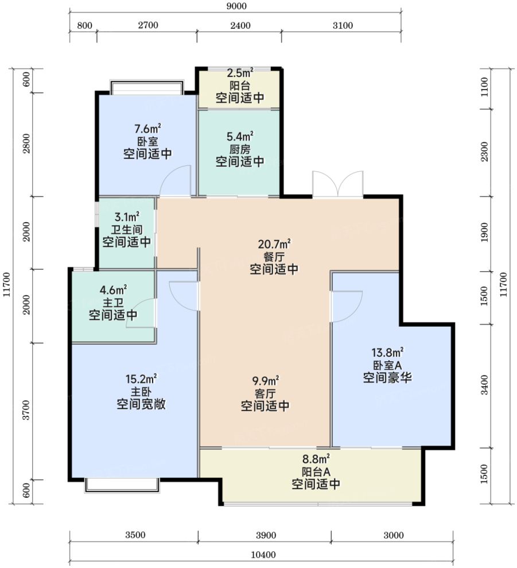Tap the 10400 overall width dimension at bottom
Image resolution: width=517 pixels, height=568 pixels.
pos(263,555)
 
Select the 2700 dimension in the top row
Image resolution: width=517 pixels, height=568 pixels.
pos(149,25)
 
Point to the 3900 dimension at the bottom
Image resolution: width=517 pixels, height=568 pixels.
pos(266,535)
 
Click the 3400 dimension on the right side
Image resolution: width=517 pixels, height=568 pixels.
pos(484,385)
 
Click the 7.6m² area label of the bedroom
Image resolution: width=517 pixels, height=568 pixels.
pos(147,129)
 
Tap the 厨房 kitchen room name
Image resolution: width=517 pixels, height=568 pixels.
pos(240,149)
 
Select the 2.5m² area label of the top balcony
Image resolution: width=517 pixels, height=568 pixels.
pos(240,73)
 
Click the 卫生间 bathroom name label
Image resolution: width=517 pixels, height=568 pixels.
pos(127,230)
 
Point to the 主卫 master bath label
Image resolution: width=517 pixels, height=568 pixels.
pos(113,303)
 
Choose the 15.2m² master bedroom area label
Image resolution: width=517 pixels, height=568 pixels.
pos(141,379)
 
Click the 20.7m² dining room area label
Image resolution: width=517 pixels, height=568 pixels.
pos(274,244)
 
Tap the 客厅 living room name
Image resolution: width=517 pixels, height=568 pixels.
pos(265,393)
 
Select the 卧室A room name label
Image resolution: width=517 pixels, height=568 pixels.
pos(387,365)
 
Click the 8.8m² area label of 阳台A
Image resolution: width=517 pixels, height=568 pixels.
pos(316,459)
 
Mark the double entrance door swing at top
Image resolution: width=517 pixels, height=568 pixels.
pos(338,184)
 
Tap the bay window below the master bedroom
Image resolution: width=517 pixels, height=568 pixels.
pos(122,485)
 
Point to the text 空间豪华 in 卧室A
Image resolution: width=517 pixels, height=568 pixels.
pos(387,378)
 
